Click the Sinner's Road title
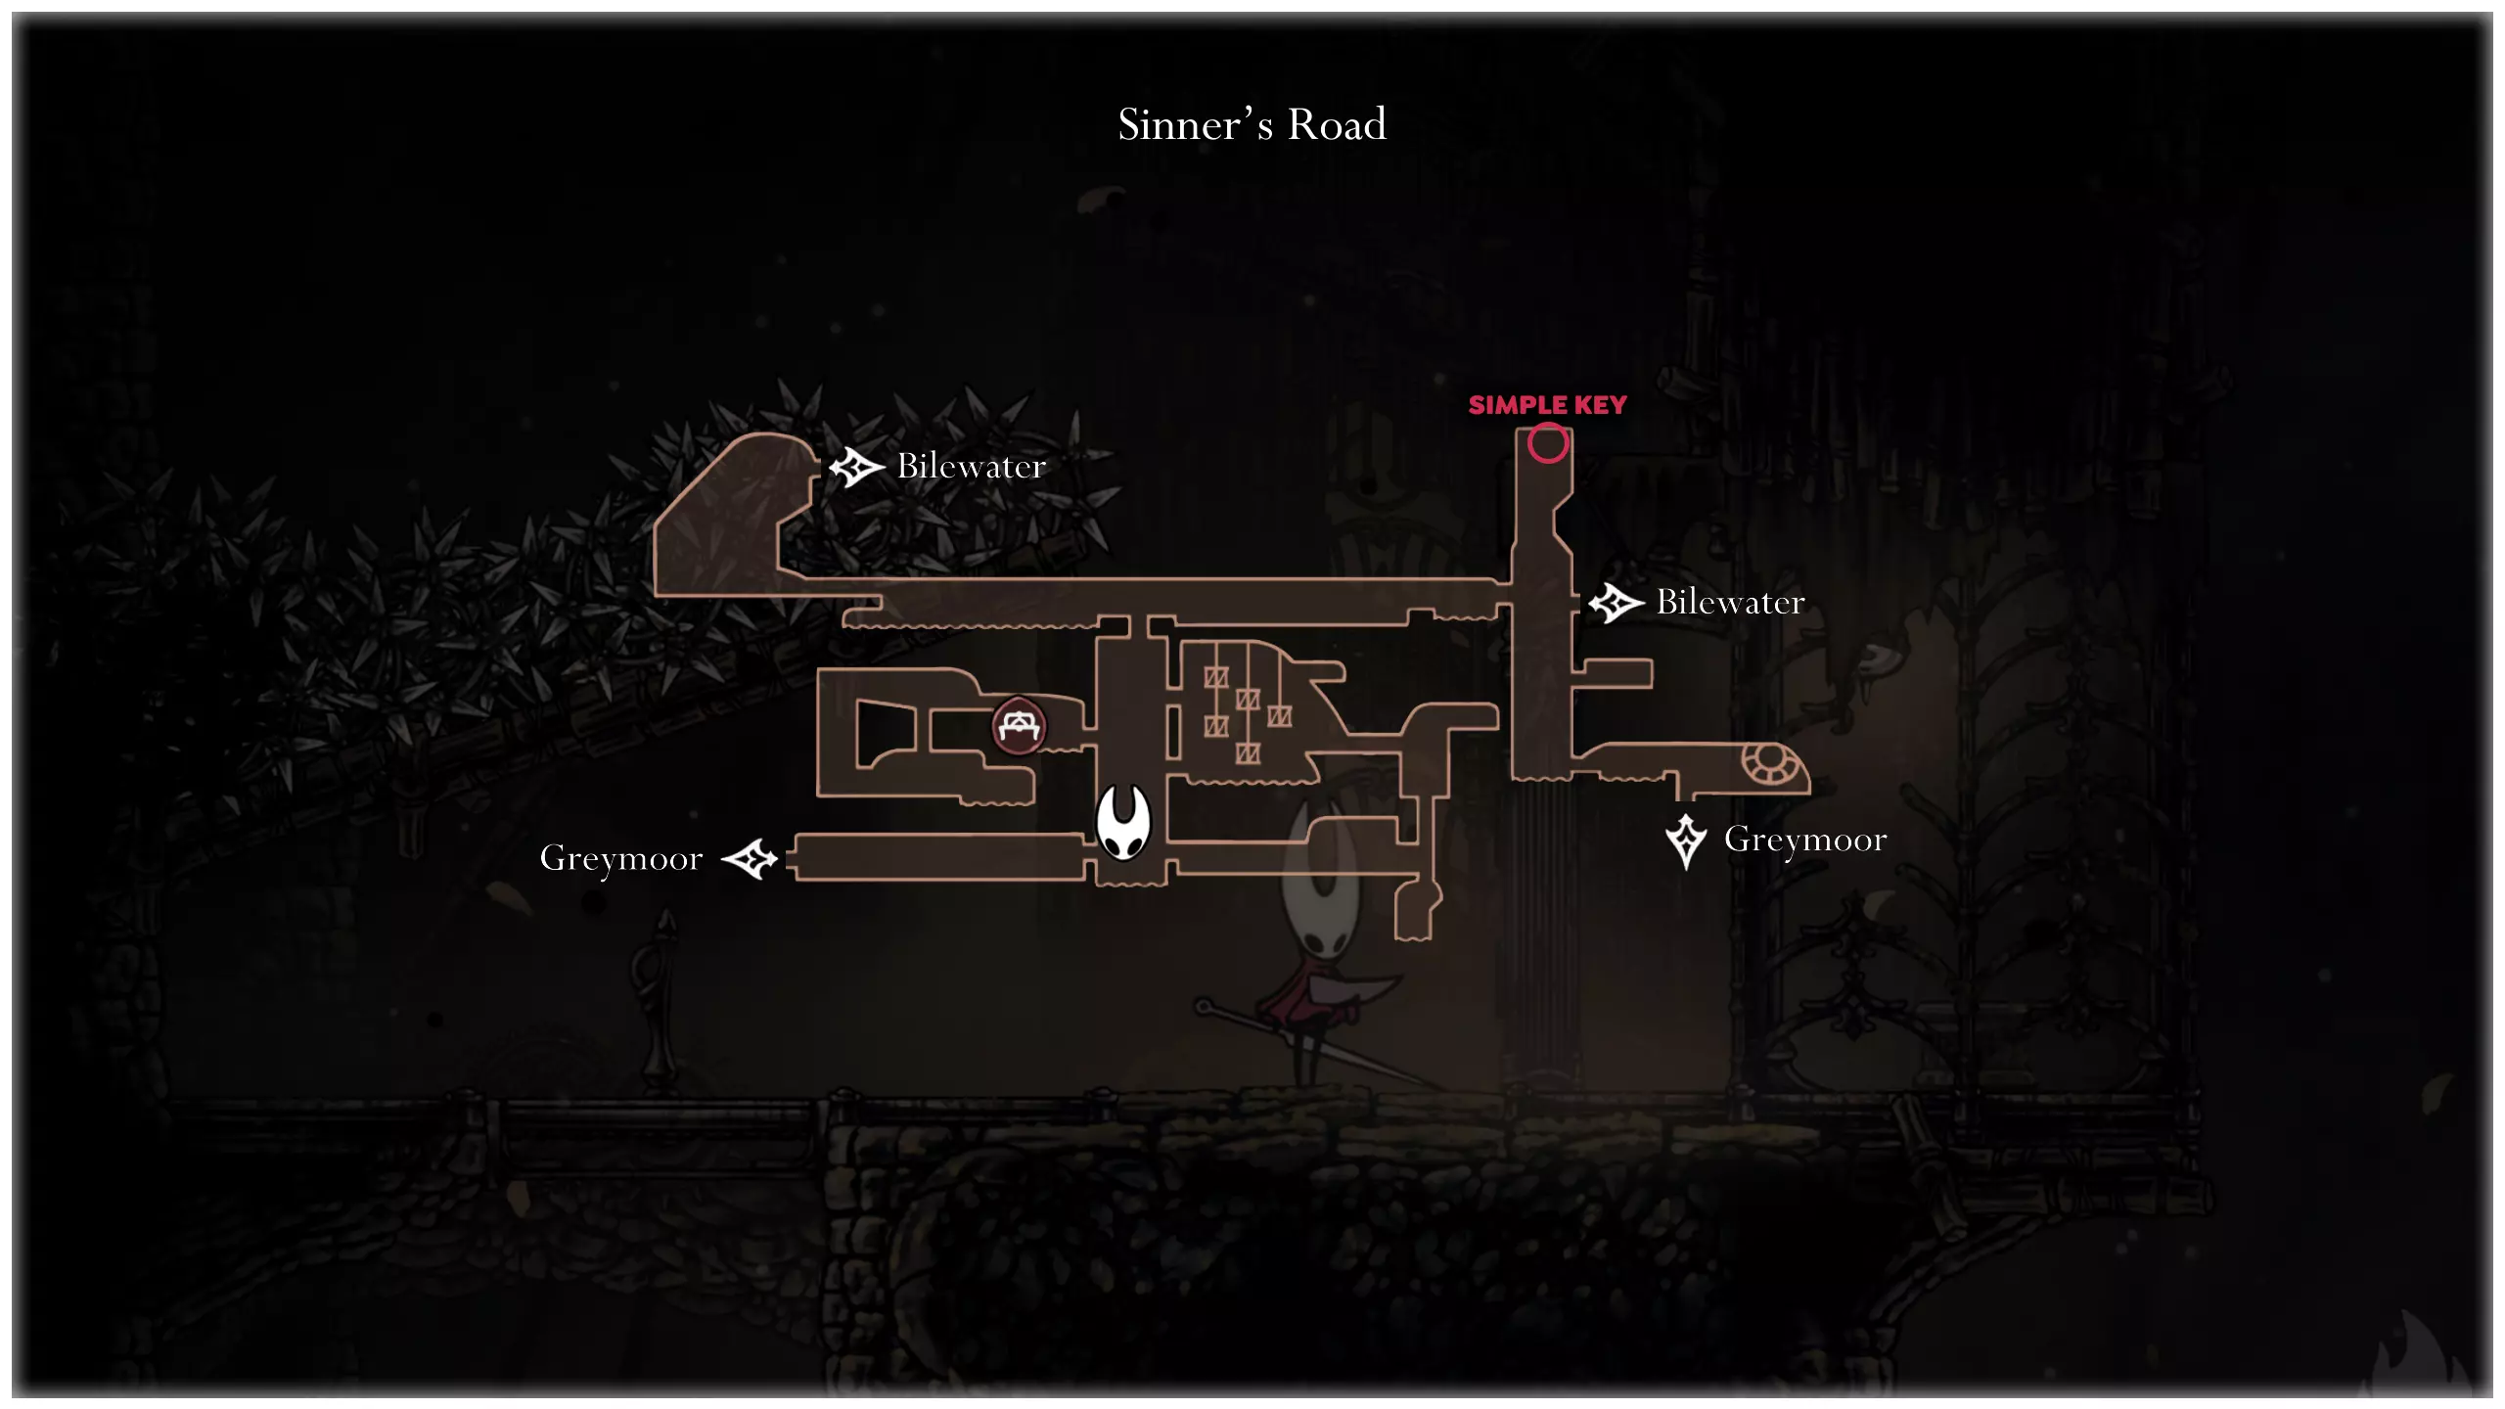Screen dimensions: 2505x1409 (1252, 125)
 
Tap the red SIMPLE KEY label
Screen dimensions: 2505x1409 (1547, 405)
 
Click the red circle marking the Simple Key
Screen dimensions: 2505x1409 (1548, 443)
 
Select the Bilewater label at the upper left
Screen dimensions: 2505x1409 (972, 466)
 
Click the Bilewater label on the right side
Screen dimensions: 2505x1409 (1730, 602)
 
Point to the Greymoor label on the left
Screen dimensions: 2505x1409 (621, 859)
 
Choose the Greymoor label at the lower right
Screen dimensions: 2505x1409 (1805, 841)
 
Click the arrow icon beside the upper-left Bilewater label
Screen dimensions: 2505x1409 (856, 468)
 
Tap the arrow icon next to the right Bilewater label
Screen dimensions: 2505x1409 (1616, 603)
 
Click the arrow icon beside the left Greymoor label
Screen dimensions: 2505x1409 (750, 859)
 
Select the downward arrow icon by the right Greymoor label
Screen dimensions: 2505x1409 (1686, 841)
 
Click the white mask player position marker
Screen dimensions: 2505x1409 (1122, 822)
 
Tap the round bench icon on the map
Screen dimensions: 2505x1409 (1019, 726)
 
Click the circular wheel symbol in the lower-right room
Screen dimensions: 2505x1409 (1767, 763)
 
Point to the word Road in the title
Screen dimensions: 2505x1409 (1337, 125)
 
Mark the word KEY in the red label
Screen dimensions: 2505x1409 (1600, 405)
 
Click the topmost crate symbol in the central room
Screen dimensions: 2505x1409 (1216, 677)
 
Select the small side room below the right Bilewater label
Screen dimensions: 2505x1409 (1613, 672)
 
